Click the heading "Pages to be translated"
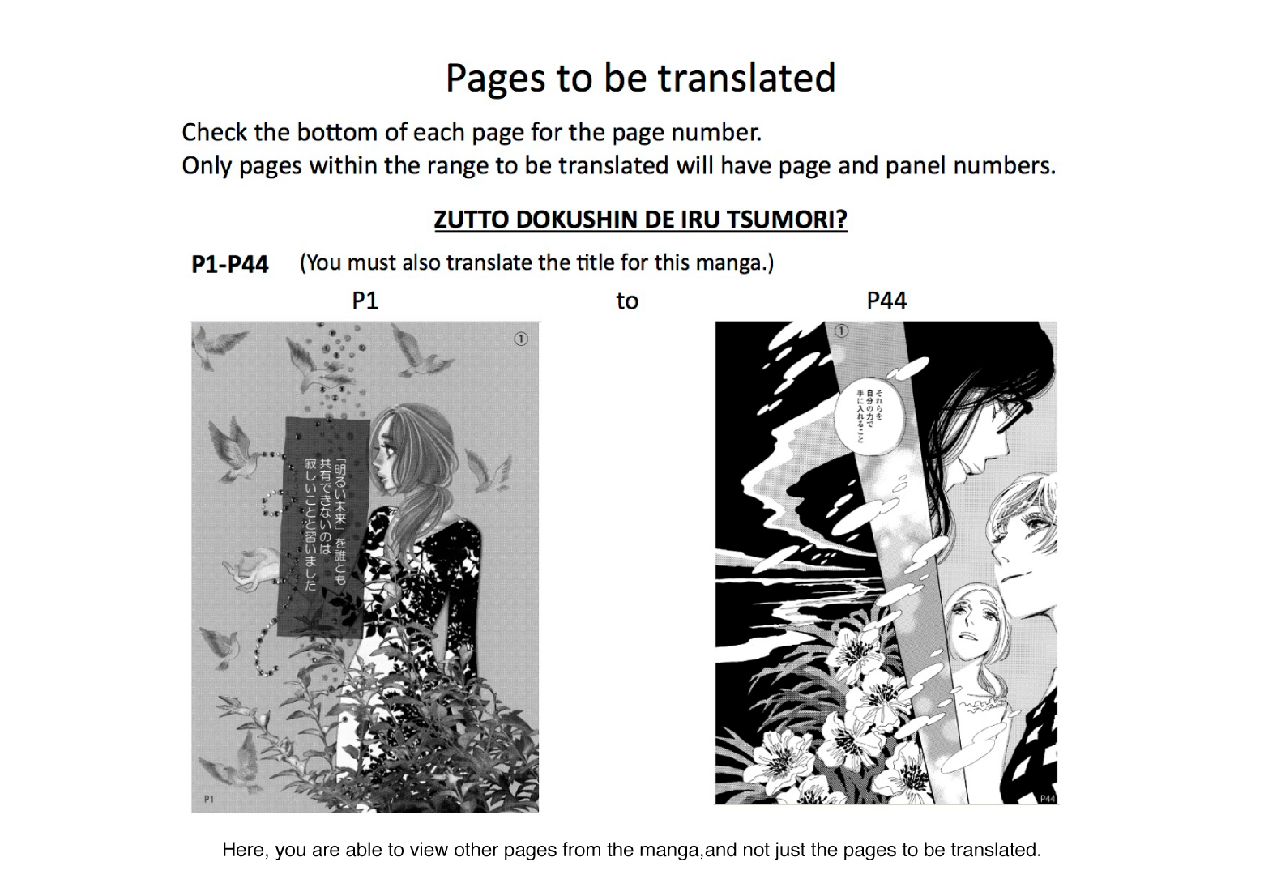tap(640, 79)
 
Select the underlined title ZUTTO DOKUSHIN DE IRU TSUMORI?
tap(640, 220)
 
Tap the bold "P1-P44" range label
tap(229, 264)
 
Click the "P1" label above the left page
tap(365, 301)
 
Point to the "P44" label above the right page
tap(886, 301)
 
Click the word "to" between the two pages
tap(627, 301)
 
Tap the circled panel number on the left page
tap(521, 339)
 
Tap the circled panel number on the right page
tap(841, 331)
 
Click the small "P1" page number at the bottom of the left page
tap(209, 799)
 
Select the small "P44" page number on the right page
tap(1047, 798)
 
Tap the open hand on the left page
tap(253, 567)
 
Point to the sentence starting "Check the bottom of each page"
tap(471, 132)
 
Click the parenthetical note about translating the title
tap(536, 263)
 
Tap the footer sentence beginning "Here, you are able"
tap(631, 850)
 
